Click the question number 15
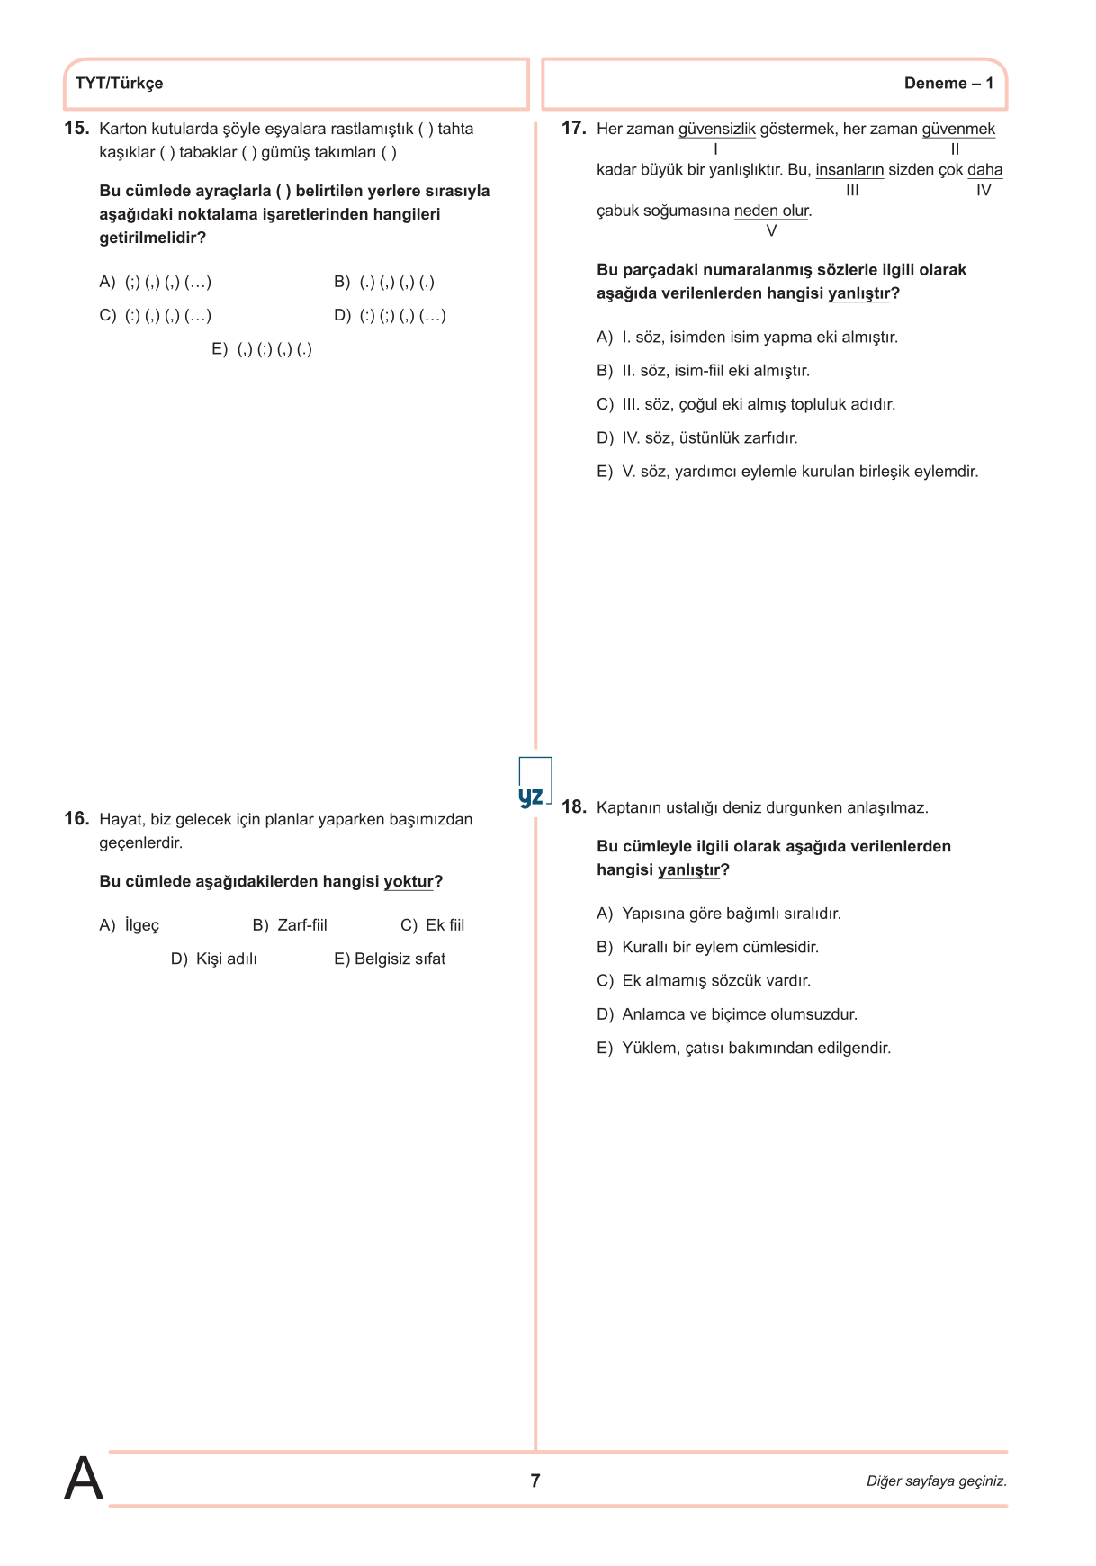pyautogui.click(x=76, y=128)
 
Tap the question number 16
pyautogui.click(x=76, y=818)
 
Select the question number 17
pyautogui.click(x=573, y=128)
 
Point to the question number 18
pyautogui.click(x=573, y=806)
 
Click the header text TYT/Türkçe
pyautogui.click(x=119, y=84)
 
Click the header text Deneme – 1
pyautogui.click(x=948, y=84)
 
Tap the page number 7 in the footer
pyautogui.click(x=535, y=1480)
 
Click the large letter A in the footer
pyautogui.click(x=84, y=1479)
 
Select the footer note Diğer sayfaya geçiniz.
pyautogui.click(x=936, y=1481)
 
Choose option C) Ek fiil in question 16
pyautogui.click(x=432, y=925)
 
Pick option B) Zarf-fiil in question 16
pyautogui.click(x=290, y=925)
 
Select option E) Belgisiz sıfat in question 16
pyautogui.click(x=390, y=958)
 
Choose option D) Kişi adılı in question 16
pyautogui.click(x=214, y=958)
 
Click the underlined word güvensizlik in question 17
pyautogui.click(x=716, y=129)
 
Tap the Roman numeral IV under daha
pyautogui.click(x=984, y=191)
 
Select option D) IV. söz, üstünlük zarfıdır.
pyautogui.click(x=697, y=438)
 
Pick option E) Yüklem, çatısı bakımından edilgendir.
pyautogui.click(x=743, y=1048)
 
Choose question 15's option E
pyautogui.click(x=262, y=349)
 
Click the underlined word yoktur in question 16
pyautogui.click(x=409, y=881)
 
